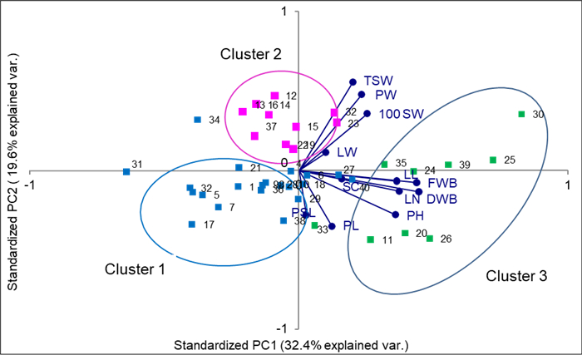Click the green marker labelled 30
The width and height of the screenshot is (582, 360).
point(521,114)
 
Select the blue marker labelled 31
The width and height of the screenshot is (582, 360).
point(126,172)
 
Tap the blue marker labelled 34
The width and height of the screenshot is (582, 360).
point(197,120)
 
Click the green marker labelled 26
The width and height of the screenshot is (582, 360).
point(430,239)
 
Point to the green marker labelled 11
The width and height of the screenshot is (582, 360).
point(370,239)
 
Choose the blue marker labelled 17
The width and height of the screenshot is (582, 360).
point(192,224)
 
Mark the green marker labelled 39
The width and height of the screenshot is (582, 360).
point(448,165)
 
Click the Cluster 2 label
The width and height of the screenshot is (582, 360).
point(251,55)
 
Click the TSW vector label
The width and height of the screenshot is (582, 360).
point(378,78)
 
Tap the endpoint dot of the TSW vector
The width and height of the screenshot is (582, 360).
point(353,81)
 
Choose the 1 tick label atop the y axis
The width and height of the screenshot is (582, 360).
point(284,11)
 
